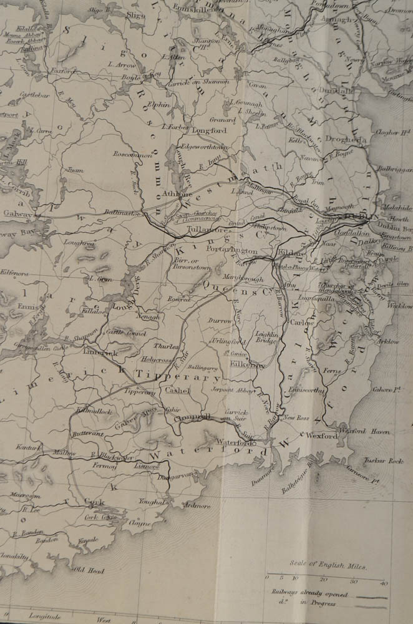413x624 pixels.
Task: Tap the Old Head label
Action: pos(87,568)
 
